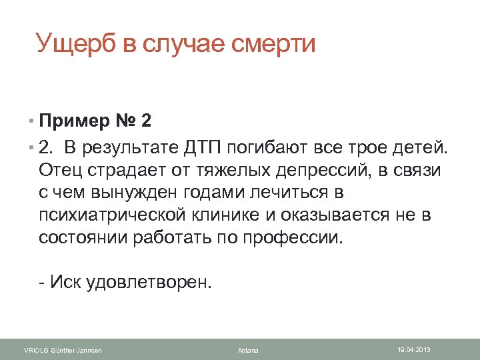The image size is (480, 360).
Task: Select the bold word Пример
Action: pos(76,122)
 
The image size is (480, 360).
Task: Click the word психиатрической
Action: pos(118,215)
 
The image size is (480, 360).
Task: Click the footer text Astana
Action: pos(248,351)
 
